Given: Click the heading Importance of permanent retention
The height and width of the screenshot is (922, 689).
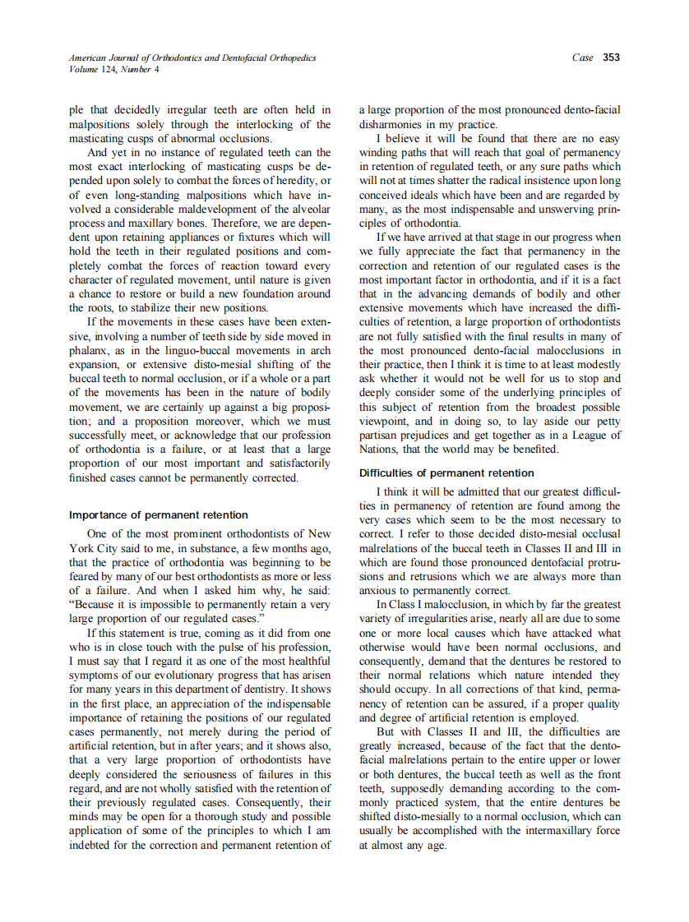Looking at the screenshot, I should click(159, 515).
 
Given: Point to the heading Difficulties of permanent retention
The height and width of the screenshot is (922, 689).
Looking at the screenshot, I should click(446, 473).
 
